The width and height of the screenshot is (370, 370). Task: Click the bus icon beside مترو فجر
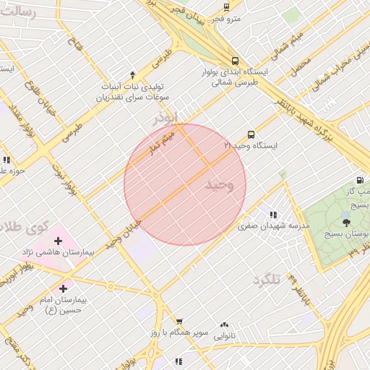click(x=226, y=7)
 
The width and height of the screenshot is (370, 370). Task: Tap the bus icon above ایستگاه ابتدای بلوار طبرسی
click(x=234, y=61)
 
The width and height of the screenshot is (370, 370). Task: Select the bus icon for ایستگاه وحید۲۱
click(x=251, y=134)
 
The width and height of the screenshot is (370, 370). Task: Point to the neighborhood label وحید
click(x=220, y=185)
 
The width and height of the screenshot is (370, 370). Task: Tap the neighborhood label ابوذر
click(x=165, y=116)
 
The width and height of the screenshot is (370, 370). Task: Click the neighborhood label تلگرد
click(x=266, y=279)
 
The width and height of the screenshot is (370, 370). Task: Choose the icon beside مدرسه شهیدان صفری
click(x=273, y=215)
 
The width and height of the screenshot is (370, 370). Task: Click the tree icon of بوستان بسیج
click(x=346, y=223)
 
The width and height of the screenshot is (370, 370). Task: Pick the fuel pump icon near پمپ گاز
click(x=359, y=180)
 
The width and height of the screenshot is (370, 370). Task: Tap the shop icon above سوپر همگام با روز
click(x=179, y=322)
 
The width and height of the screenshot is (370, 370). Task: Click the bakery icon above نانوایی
click(x=223, y=325)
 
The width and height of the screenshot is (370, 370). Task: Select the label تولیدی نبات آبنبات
click(x=135, y=85)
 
